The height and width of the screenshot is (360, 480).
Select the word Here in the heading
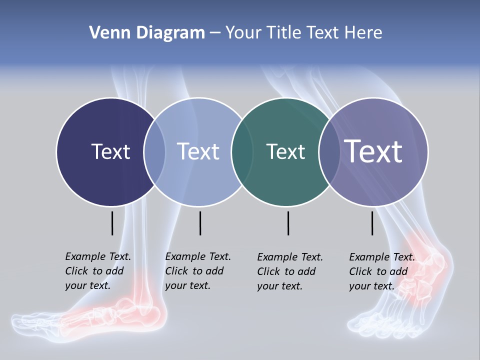[363, 33]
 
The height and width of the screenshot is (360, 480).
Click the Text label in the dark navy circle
[110, 151]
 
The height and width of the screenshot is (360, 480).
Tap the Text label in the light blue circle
[198, 151]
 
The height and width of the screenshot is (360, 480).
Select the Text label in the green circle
[285, 151]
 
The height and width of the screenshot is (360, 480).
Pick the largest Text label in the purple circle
[373, 151]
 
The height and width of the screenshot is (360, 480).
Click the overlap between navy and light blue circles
[154, 152]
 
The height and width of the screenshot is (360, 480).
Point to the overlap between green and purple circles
[328, 152]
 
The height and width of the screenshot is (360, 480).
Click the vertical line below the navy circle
[112, 223]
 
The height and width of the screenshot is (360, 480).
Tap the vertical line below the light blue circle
[200, 223]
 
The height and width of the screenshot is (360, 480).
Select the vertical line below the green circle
[288, 223]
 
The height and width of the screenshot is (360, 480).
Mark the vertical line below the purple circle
[372, 223]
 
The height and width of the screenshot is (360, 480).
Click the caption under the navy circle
[97, 271]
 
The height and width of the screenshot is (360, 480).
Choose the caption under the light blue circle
[197, 271]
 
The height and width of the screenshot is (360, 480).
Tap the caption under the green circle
[289, 271]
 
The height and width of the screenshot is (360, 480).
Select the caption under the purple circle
[381, 271]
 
